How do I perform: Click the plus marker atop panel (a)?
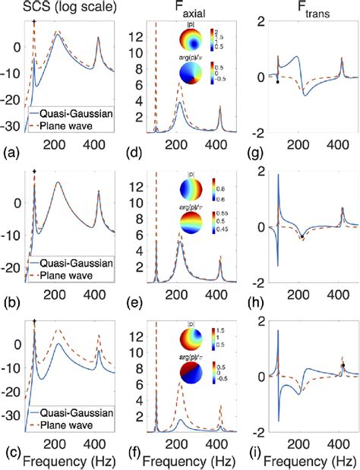pyautogui.click(x=35, y=22)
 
